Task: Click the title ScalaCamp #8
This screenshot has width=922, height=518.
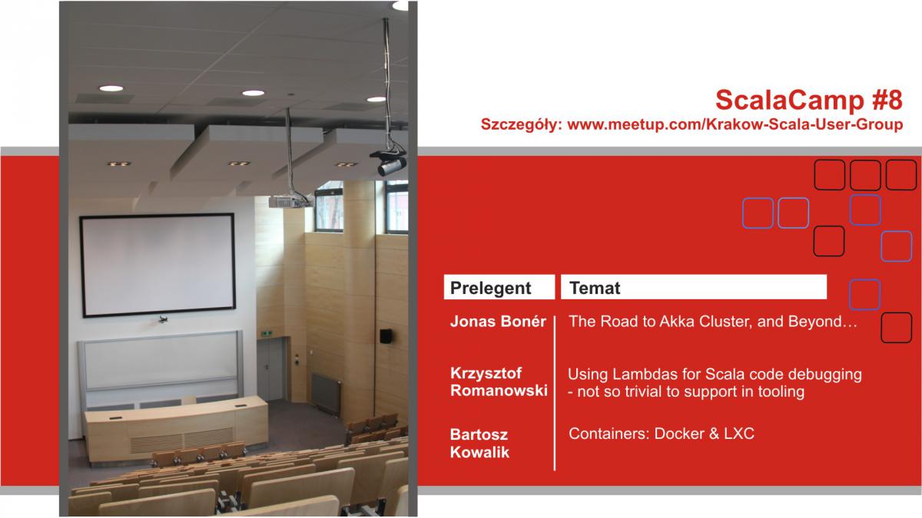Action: pyautogui.click(x=809, y=100)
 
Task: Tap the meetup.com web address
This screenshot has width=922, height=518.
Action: pyautogui.click(x=735, y=124)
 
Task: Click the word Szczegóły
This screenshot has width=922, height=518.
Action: pyautogui.click(x=522, y=124)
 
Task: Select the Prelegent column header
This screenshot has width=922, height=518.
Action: pyautogui.click(x=490, y=288)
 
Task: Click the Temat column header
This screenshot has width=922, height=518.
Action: pyautogui.click(x=595, y=288)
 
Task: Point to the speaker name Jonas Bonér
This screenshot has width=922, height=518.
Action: pyautogui.click(x=498, y=321)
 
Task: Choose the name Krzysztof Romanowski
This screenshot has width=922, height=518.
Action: pyautogui.click(x=499, y=381)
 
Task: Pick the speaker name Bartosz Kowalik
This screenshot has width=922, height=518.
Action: pyautogui.click(x=479, y=444)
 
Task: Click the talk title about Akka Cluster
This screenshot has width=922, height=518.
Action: pyautogui.click(x=712, y=322)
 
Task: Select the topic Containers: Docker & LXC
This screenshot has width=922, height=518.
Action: pyautogui.click(x=662, y=434)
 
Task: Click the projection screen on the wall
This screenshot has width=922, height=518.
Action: pyautogui.click(x=158, y=265)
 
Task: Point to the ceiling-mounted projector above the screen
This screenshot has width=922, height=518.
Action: pyautogui.click(x=290, y=201)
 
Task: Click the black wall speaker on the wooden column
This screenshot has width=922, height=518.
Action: pyautogui.click(x=385, y=336)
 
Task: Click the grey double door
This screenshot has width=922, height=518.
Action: pyautogui.click(x=270, y=370)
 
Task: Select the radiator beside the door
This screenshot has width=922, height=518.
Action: pyautogui.click(x=326, y=394)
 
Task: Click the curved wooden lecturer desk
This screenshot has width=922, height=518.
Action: pyautogui.click(x=177, y=427)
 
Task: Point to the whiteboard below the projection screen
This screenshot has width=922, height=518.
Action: pyautogui.click(x=161, y=361)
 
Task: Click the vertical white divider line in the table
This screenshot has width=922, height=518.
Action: pyautogui.click(x=555, y=393)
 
